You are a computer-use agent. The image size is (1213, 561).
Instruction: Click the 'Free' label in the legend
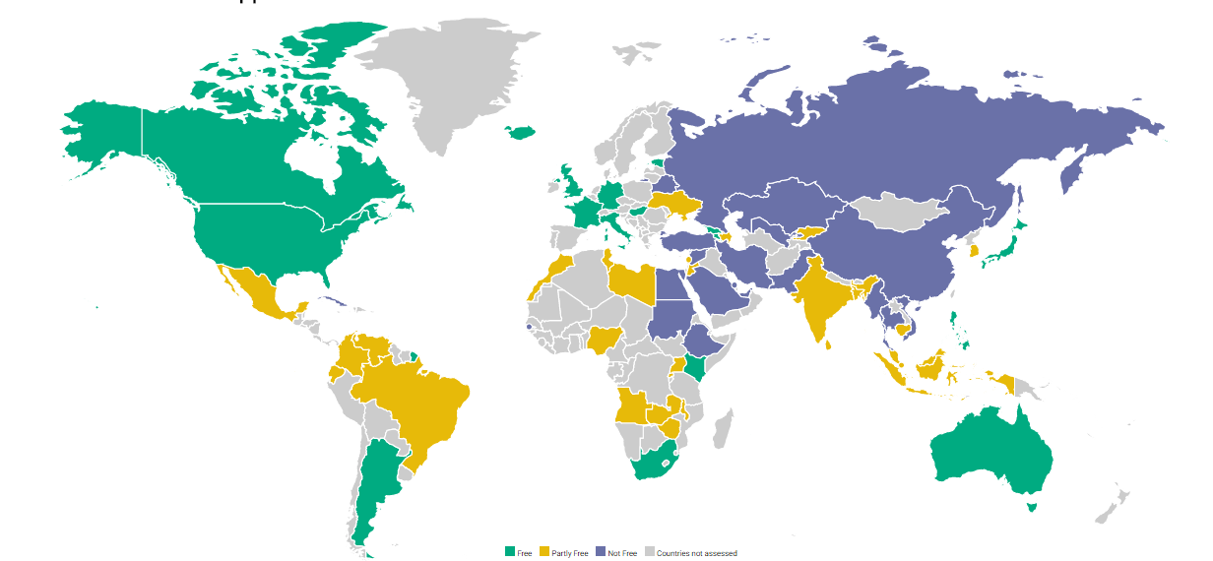(x=524, y=553)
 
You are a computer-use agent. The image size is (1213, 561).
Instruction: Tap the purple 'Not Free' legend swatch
(x=601, y=552)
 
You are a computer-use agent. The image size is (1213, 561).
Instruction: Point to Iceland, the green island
(x=521, y=132)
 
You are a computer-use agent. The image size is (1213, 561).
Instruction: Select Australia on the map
(x=990, y=454)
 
